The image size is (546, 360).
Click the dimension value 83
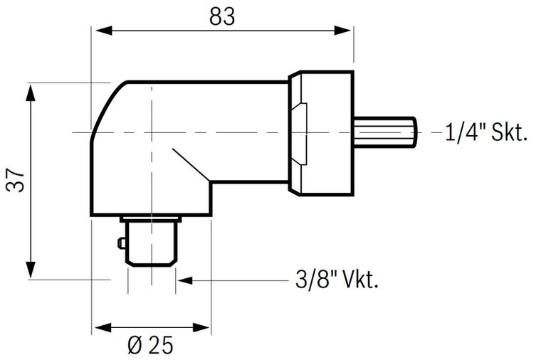(x=222, y=16)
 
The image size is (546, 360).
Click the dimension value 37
(x=17, y=181)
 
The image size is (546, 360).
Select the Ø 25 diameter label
(x=150, y=346)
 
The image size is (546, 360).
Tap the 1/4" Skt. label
(x=486, y=132)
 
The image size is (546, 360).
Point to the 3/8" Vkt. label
(x=336, y=280)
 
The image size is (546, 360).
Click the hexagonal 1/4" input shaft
(x=384, y=132)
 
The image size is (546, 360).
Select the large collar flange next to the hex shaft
(x=320, y=132)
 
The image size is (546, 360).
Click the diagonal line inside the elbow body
(x=189, y=164)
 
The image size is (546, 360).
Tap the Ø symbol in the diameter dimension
(x=135, y=346)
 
